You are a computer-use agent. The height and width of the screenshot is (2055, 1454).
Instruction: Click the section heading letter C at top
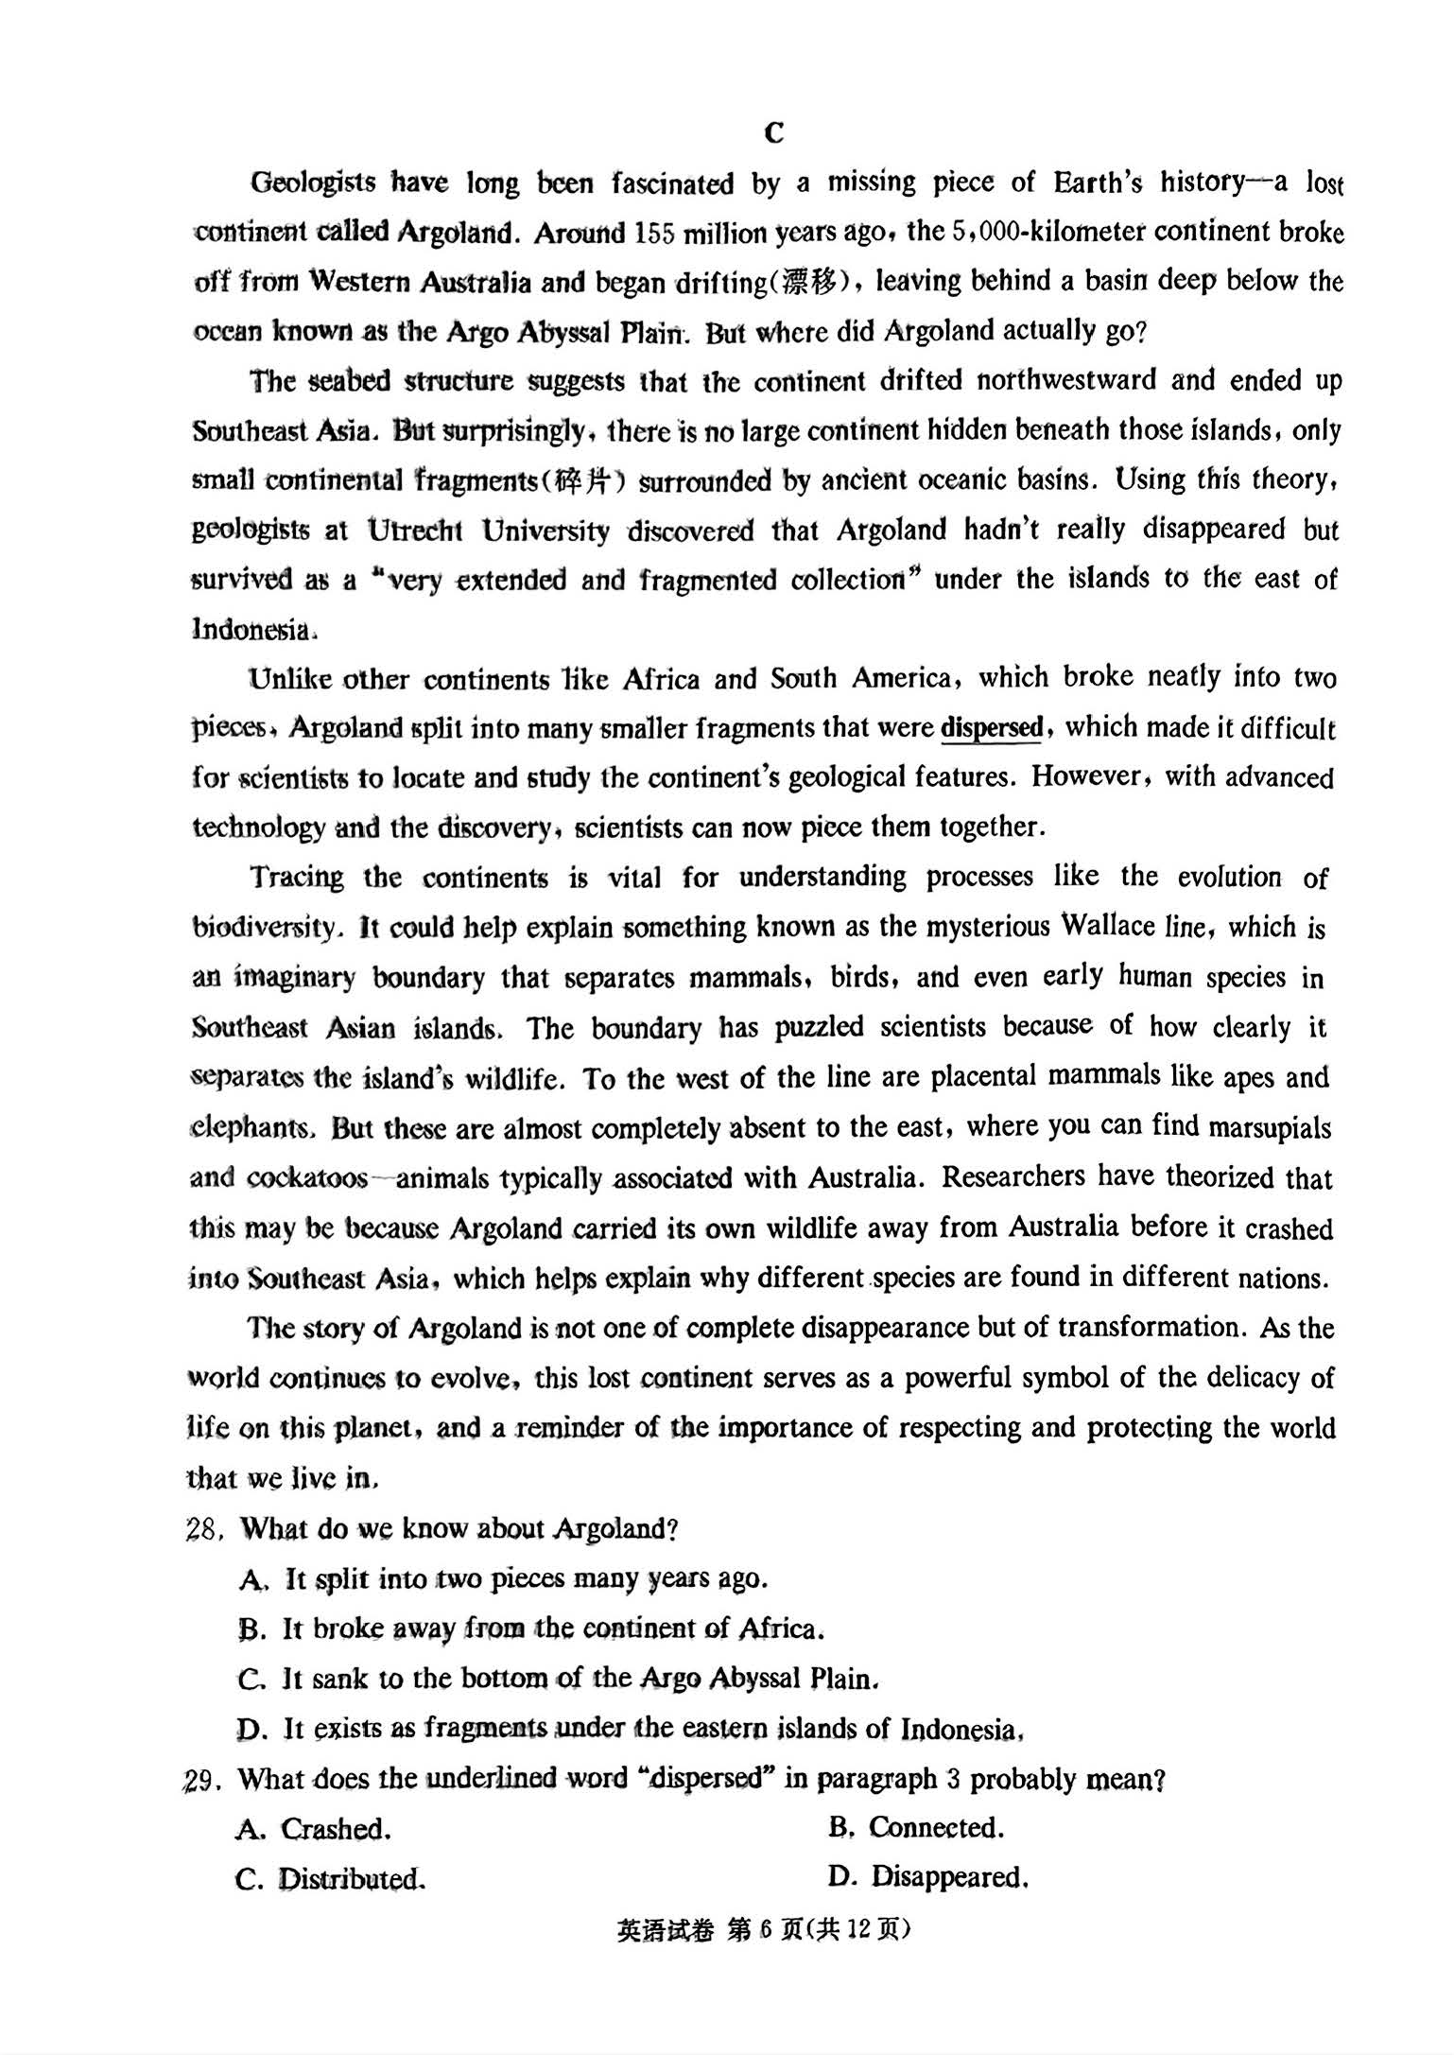773,133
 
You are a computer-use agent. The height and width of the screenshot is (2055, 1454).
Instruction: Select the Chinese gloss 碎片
590,480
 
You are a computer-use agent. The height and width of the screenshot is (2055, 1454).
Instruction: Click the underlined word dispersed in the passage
991,728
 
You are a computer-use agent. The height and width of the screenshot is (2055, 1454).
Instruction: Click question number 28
203,1529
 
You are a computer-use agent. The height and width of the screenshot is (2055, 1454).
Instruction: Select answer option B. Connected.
916,1827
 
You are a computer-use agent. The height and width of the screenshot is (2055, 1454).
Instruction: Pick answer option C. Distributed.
331,1879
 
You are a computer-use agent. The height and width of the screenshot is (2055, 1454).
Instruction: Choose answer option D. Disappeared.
927,1877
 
